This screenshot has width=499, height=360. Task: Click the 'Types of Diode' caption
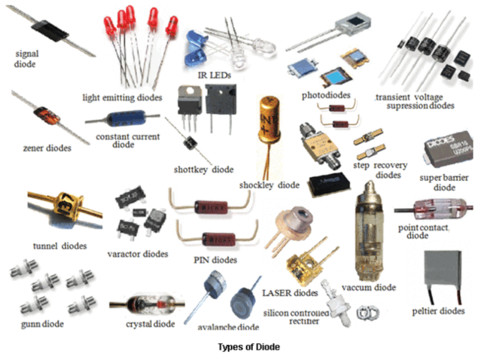[x=249, y=347]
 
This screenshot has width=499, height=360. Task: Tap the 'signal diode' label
[x=26, y=58]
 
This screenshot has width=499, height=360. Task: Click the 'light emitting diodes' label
[x=122, y=97]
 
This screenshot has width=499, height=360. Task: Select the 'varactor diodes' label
[x=137, y=254]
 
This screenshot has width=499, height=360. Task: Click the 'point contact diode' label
[x=423, y=231]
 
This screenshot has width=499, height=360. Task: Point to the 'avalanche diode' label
[x=229, y=327]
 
